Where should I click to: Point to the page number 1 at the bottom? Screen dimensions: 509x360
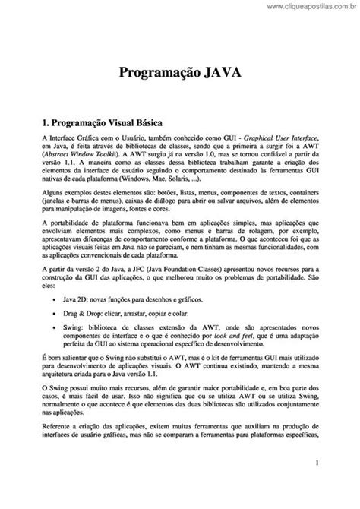coord(315,483)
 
